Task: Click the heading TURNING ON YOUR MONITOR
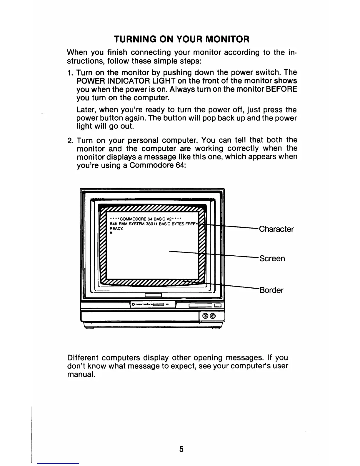(x=181, y=39)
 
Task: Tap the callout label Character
(x=276, y=229)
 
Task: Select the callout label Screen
(x=272, y=259)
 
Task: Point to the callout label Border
(x=271, y=290)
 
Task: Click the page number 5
(x=181, y=449)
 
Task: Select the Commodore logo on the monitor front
(x=144, y=304)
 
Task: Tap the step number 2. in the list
(x=70, y=140)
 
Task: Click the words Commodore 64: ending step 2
(x=158, y=165)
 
